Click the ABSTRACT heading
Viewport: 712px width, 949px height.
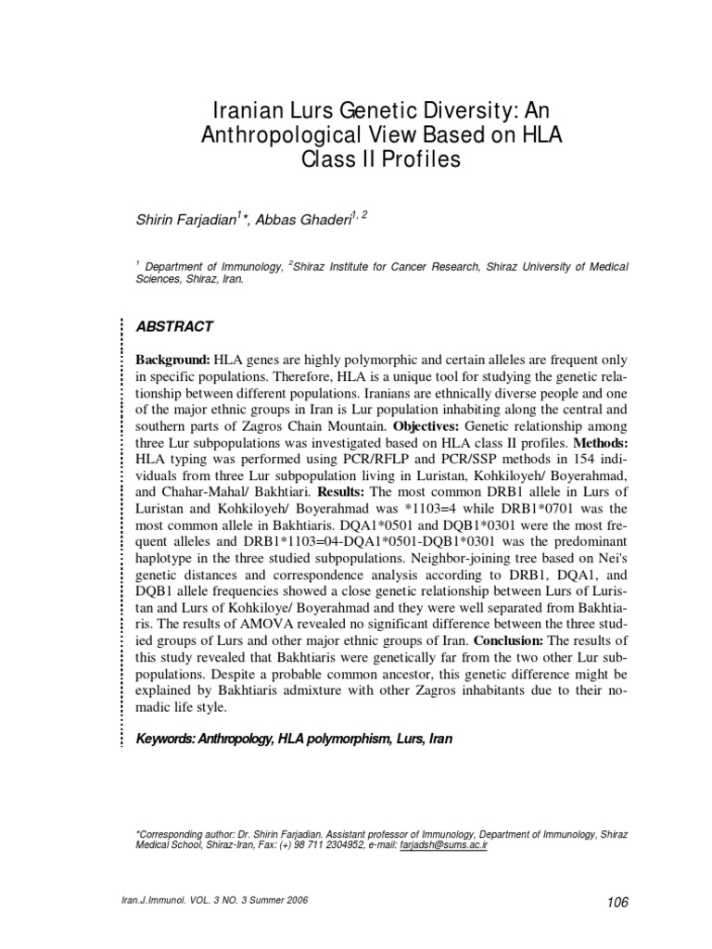tap(174, 326)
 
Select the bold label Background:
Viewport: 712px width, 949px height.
tap(173, 359)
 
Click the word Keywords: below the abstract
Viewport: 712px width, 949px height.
tap(170, 740)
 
